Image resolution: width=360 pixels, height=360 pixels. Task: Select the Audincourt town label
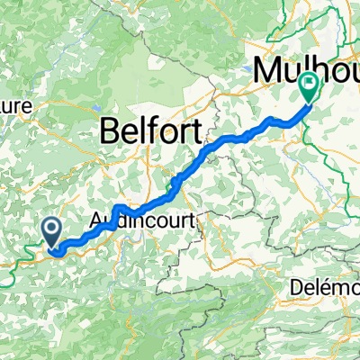[144, 219]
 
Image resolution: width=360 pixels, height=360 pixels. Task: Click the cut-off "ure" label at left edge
[16, 106]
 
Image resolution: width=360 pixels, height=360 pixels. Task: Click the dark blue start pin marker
[51, 232]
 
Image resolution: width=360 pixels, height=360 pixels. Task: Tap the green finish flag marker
[310, 88]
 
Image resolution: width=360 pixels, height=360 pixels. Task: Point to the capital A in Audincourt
[98, 219]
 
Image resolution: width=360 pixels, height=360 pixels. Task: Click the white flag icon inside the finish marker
[310, 87]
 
